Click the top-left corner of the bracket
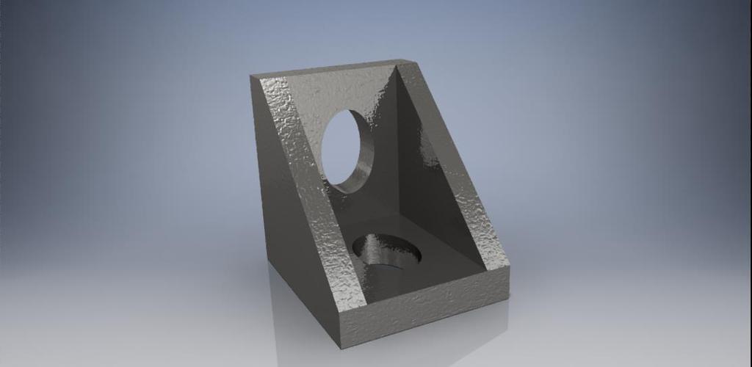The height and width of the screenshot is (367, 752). tap(251, 76)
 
